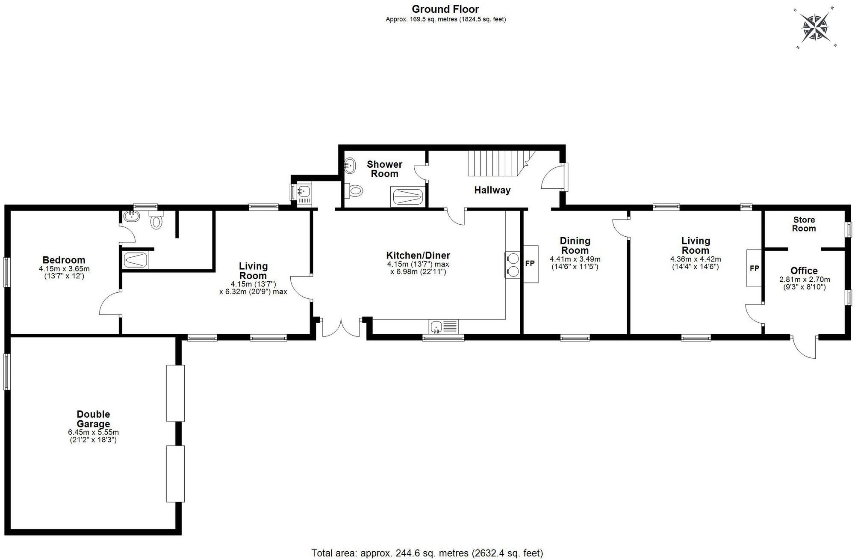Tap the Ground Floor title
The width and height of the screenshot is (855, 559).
(445, 9)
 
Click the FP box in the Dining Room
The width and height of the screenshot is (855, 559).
(530, 264)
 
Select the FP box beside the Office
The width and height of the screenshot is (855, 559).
(754, 268)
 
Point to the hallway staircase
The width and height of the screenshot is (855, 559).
(496, 163)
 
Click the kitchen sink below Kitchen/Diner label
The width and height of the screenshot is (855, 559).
(443, 327)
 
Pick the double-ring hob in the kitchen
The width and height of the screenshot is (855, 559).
(512, 265)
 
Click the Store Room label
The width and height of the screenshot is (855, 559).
(804, 224)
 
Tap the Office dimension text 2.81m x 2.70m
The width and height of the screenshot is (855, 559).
(804, 279)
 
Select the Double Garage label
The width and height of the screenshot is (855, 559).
(93, 419)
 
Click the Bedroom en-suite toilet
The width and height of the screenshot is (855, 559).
(156, 221)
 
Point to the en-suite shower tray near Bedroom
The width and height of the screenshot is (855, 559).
(136, 260)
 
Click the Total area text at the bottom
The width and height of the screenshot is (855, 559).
(427, 553)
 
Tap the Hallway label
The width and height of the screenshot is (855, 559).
(492, 190)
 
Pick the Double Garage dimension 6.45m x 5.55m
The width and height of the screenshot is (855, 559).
(93, 432)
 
